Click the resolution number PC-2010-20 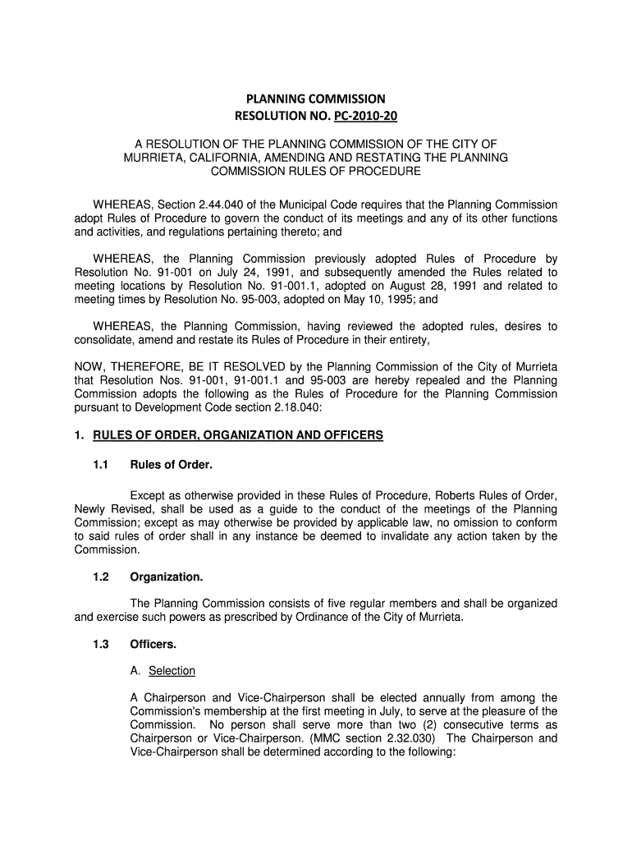[361, 116]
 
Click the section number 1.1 [101, 466]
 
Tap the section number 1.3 [101, 645]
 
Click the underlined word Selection [172, 671]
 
